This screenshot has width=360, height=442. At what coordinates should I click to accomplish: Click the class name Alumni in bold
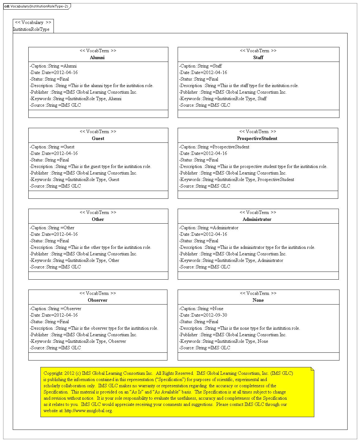tap(97, 58)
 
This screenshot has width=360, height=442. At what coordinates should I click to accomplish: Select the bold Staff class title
tap(258, 58)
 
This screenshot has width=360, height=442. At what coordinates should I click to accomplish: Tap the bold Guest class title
tap(98, 138)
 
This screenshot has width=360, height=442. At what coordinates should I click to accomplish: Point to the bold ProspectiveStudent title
tap(257, 138)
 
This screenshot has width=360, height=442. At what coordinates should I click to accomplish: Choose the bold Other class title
tap(98, 219)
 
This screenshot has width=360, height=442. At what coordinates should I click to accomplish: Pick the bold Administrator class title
tap(257, 219)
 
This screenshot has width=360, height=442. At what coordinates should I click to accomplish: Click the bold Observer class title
tap(98, 300)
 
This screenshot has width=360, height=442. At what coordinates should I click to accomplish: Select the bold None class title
tap(258, 300)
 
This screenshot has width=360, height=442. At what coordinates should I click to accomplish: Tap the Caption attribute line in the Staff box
tap(200, 66)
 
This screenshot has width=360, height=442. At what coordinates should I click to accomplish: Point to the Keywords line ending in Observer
tap(78, 341)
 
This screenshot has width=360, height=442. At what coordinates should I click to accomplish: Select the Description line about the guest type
tap(91, 166)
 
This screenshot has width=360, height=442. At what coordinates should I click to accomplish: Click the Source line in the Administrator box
tap(204, 267)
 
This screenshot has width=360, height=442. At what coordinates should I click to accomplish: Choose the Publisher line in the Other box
tap(83, 254)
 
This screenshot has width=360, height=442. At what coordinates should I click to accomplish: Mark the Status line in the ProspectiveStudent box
tap(199, 160)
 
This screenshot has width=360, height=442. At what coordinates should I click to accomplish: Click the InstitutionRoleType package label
tap(31, 29)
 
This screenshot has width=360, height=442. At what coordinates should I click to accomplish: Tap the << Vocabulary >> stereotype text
tap(33, 22)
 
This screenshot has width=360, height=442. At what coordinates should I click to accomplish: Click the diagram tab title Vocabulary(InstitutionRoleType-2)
tap(39, 6)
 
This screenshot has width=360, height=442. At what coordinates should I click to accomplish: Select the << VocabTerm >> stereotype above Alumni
tap(98, 51)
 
